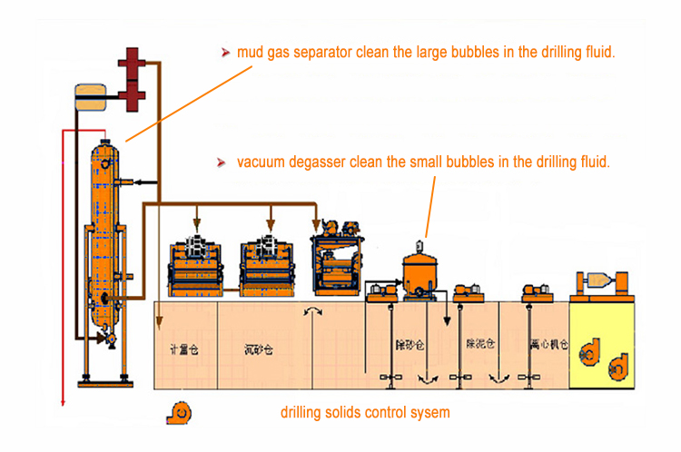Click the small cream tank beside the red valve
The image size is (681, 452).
92,94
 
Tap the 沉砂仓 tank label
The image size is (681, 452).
259,347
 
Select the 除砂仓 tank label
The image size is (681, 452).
408,346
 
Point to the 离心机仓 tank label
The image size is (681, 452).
548,346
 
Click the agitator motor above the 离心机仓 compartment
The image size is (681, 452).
533,291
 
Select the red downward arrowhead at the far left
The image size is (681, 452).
62,402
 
